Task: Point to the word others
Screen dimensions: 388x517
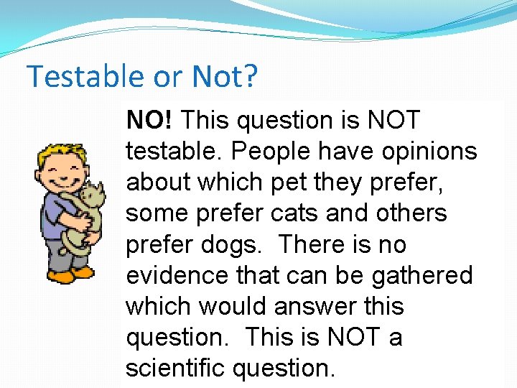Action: pos(416,213)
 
